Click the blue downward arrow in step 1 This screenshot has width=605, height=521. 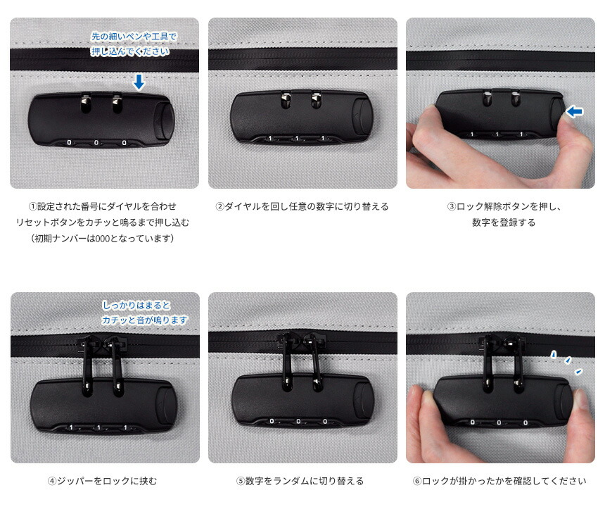point(139,82)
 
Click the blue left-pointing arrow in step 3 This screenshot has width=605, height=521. point(575,112)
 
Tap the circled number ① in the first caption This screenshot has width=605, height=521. point(33,206)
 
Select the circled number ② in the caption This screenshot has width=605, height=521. point(220,206)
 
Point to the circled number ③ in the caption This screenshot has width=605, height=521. point(452,206)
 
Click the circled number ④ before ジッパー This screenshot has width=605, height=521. point(52,481)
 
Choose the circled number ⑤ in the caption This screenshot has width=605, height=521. point(241,481)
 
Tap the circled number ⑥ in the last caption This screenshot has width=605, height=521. point(417,481)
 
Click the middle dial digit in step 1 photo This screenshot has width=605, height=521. point(96,143)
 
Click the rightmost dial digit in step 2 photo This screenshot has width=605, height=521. point(323,138)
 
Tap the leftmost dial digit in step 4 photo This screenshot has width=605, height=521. point(71,427)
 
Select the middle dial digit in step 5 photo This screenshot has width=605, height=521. point(298,421)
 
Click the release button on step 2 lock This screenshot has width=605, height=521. point(361,116)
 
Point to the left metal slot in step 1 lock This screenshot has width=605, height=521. point(86,103)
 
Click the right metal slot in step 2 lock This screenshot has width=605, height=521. point(317,99)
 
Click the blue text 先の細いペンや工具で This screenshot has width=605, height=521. point(134,37)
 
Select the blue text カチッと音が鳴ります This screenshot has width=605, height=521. point(145,320)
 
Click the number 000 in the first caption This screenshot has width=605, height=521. point(102,239)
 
